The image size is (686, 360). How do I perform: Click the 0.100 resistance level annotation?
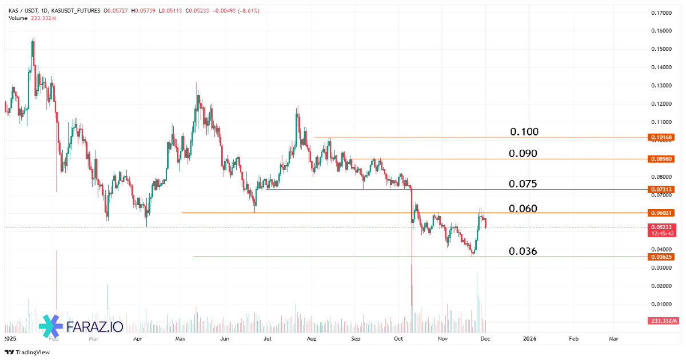click(524, 132)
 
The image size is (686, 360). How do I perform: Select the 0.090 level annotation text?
click(523, 154)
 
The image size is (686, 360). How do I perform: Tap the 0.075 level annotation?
click(523, 184)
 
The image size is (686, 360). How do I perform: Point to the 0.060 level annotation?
click(523, 209)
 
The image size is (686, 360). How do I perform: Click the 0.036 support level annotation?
click(523, 251)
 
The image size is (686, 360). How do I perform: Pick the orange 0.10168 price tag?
click(662, 137)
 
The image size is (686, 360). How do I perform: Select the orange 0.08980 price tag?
click(662, 158)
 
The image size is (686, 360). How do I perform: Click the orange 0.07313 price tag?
click(662, 189)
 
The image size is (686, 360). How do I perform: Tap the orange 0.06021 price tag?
click(662, 213)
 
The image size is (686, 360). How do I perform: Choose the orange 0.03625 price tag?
click(662, 257)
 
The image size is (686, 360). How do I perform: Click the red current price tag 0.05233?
click(662, 227)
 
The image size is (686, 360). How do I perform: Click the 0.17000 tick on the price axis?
click(662, 13)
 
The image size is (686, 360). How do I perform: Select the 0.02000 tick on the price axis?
click(662, 286)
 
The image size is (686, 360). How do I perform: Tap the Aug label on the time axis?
click(312, 338)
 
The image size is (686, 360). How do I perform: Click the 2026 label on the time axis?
click(529, 338)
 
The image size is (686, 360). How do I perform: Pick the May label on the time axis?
click(180, 338)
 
